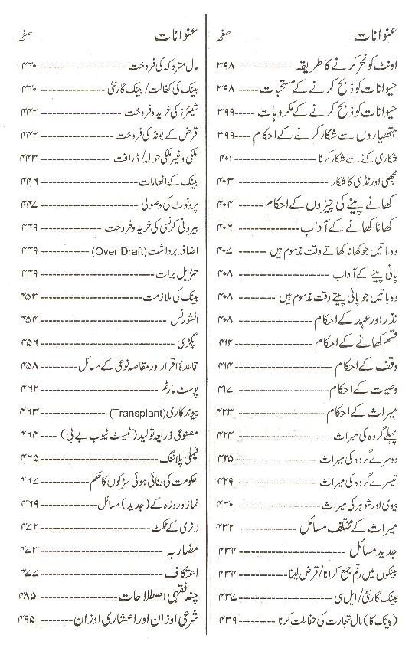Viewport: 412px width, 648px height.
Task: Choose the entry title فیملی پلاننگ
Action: pyautogui.click(x=177, y=458)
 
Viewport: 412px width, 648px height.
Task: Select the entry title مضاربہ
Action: pyautogui.click(x=183, y=549)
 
